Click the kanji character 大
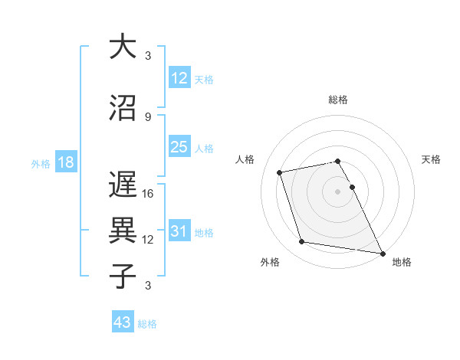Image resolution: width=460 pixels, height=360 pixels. pos(122,47)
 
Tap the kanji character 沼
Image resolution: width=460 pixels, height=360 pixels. pos(122,108)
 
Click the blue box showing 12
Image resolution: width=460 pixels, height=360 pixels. pos(179,79)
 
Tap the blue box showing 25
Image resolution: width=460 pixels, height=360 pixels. pos(179,147)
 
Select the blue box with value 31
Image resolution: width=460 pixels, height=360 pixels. pos(179,232)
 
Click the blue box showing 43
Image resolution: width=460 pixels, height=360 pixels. pos(123,323)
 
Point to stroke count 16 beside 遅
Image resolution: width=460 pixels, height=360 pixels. pos(148,194)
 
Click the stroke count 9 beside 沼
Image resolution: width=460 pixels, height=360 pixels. pos(148,116)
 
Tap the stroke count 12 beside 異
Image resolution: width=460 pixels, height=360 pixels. pos(148,240)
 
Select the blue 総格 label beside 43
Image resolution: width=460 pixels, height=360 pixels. pos(147,324)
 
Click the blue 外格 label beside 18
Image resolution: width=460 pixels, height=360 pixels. pos(41,164)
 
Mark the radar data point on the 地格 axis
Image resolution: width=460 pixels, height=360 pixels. pos(382,253)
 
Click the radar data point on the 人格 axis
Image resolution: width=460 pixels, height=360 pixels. pos(280,172)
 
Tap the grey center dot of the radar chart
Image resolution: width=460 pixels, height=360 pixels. pos(337,191)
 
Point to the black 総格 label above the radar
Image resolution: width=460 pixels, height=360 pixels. pos(337,100)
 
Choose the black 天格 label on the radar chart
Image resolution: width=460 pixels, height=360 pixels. pos(431,159)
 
